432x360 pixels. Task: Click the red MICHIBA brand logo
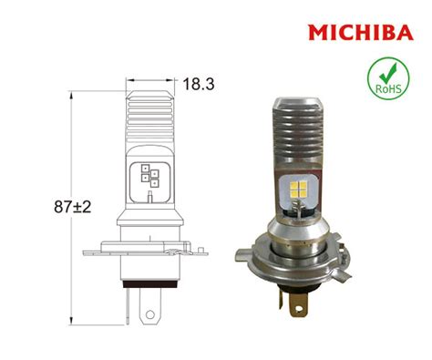[x=361, y=33]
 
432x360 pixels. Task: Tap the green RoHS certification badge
[x=388, y=78]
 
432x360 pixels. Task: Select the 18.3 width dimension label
[x=199, y=84]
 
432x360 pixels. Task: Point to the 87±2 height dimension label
[x=73, y=207]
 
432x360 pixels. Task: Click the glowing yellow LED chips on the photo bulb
[x=298, y=190]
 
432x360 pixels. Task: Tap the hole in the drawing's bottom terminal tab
[x=150, y=314]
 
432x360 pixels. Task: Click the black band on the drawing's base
[x=149, y=284]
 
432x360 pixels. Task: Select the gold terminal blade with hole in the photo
[x=298, y=304]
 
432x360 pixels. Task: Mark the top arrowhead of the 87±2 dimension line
[x=71, y=95]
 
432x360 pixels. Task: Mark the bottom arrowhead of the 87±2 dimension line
[x=71, y=321]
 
